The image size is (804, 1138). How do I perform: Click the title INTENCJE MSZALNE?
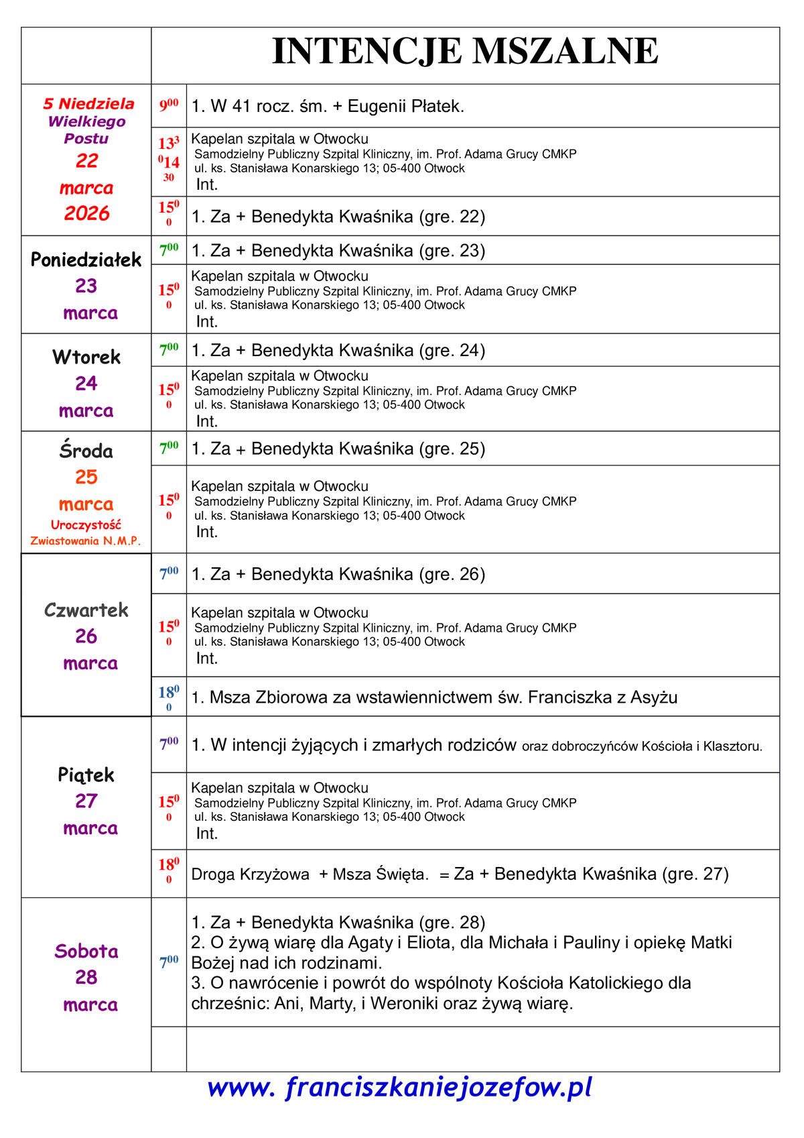click(x=465, y=52)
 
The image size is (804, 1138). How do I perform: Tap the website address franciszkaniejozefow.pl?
click(x=400, y=1087)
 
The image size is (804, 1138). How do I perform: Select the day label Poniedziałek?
click(x=86, y=260)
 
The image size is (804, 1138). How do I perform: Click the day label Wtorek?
click(x=86, y=357)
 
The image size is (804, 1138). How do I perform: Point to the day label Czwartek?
click(x=86, y=610)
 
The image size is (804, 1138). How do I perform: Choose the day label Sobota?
click(x=86, y=951)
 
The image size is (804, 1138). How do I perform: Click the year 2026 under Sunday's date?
click(x=86, y=213)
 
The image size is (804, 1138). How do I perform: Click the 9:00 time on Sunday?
click(x=168, y=105)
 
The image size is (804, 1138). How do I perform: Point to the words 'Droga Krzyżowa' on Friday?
click(x=250, y=874)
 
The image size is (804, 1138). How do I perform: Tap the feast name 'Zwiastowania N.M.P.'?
click(x=86, y=541)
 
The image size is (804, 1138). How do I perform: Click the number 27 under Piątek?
click(x=86, y=801)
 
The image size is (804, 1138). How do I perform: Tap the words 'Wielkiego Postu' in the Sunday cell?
click(x=86, y=130)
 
